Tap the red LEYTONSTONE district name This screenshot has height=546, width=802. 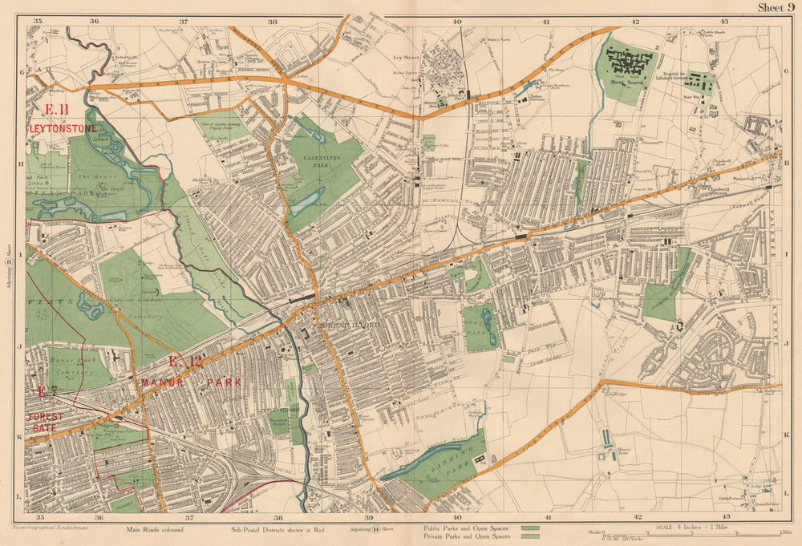coord(63,128)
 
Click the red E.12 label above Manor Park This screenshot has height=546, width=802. coord(185,362)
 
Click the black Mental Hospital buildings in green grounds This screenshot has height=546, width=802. coord(630,59)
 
